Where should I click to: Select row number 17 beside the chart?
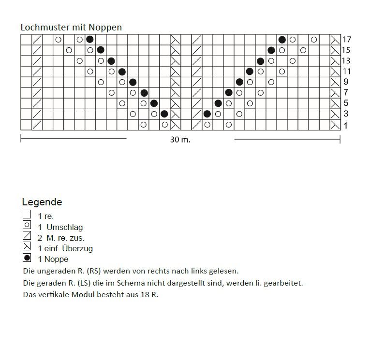[x=347, y=40]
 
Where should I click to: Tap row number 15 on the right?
[x=347, y=50]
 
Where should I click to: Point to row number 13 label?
[x=347, y=61]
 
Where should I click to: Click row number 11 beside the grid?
[x=347, y=72]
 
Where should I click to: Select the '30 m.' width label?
[x=180, y=140]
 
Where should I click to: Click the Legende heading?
[x=42, y=202]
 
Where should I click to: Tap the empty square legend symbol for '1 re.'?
[x=27, y=214]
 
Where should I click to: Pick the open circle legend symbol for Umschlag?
[x=27, y=225]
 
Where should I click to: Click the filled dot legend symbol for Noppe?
[x=27, y=258]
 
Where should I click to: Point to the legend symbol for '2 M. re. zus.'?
[x=27, y=236]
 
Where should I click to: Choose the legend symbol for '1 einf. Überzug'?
[x=27, y=246]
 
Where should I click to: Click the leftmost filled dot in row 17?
[x=90, y=40]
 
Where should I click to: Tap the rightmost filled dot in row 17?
[x=282, y=40]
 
